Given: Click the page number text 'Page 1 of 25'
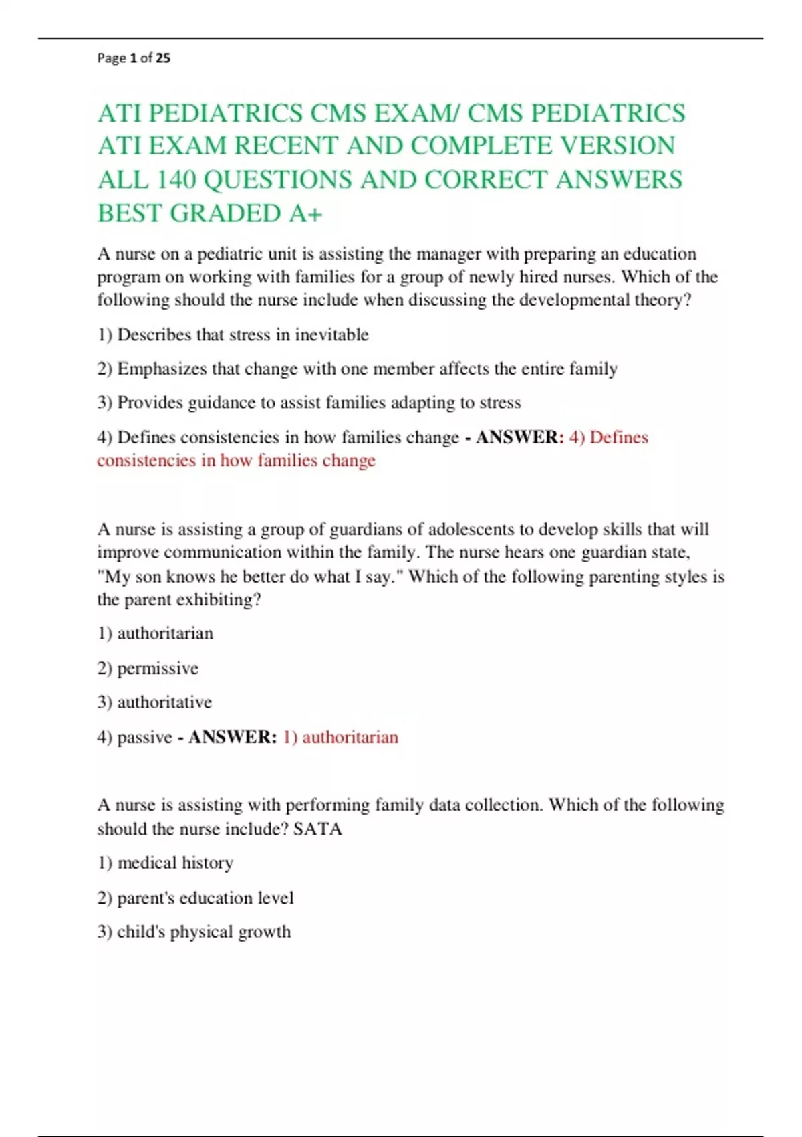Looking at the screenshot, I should (x=134, y=58).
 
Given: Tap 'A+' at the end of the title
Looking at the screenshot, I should (x=306, y=213).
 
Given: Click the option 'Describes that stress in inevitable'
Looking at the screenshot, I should (x=233, y=334).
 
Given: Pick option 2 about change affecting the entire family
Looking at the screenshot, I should (x=357, y=369).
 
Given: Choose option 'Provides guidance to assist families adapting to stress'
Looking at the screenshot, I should (x=309, y=403).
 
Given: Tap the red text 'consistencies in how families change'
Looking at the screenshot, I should (x=236, y=461).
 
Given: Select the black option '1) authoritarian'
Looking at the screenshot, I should (x=155, y=633).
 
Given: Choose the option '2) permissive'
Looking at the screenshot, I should (x=148, y=668).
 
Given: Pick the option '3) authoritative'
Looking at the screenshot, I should (x=154, y=702).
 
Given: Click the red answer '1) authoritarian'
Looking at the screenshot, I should (x=340, y=737).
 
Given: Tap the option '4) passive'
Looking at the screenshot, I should (x=135, y=737).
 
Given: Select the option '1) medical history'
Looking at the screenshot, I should (x=165, y=863).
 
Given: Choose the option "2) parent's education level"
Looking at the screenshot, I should (x=195, y=898).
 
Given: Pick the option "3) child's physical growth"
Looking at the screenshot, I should (x=194, y=932).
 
